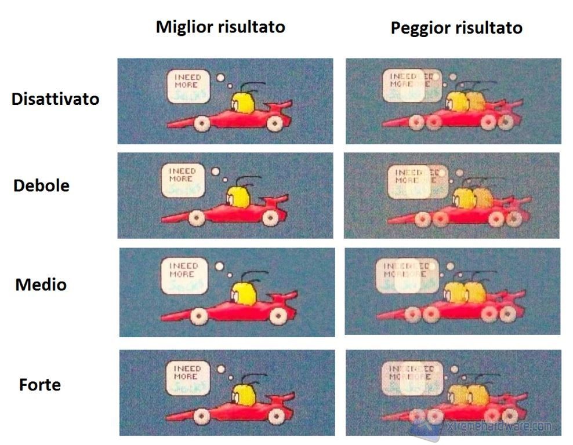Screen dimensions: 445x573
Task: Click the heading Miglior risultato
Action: click(220, 27)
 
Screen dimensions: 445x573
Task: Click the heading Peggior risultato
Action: click(456, 27)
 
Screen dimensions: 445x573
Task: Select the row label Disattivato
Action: click(55, 99)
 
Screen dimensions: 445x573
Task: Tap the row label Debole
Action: click(41, 186)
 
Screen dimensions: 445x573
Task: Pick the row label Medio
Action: click(41, 285)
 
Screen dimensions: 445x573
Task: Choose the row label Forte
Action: click(40, 385)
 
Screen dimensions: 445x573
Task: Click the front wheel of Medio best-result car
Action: click(200, 316)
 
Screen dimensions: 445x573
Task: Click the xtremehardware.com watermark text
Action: click(498, 426)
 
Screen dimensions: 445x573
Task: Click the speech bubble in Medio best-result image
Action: click(184, 276)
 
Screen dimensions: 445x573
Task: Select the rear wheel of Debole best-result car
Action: click(270, 217)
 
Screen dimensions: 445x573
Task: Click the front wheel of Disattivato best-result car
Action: click(201, 123)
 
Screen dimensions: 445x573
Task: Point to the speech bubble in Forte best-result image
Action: click(183, 376)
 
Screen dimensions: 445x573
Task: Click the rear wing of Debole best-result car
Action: click(277, 201)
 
